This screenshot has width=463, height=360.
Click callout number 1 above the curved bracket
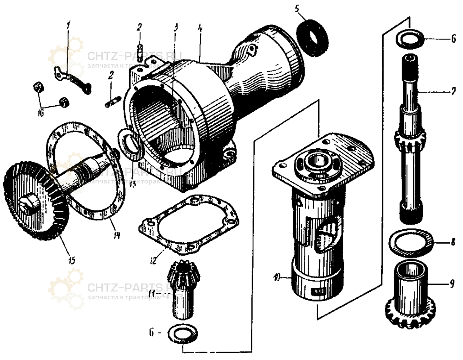tap(68, 26)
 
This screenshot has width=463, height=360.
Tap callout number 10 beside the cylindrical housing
tap(276, 278)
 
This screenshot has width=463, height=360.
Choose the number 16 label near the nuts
tap(41, 112)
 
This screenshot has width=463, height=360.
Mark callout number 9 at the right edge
tap(452, 282)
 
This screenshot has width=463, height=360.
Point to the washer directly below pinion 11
tap(185, 334)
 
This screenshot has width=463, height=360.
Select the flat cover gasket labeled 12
tap(187, 225)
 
